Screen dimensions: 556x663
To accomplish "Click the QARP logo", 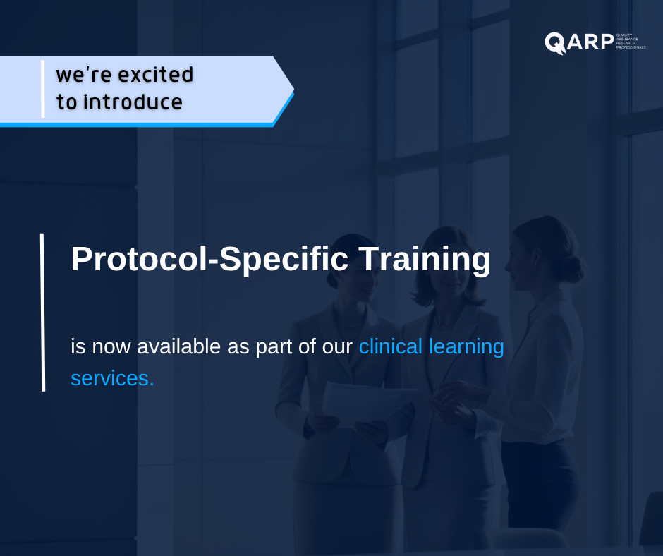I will tap(580, 42).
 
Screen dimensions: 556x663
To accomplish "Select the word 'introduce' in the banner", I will tap(133, 102).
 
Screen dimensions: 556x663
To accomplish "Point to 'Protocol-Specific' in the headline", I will tap(209, 259).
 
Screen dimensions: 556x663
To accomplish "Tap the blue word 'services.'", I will tap(112, 378).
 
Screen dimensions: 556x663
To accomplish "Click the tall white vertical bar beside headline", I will tap(42, 312).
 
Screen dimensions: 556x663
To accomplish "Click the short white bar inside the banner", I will tap(42, 89).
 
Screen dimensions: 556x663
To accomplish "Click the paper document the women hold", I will tap(360, 402).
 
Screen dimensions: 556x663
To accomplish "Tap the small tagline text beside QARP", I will tap(631, 42).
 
